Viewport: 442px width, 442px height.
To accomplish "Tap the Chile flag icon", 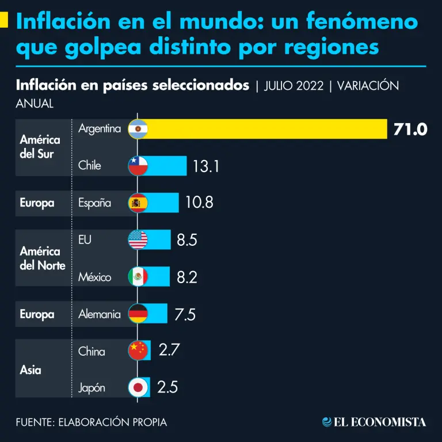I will coord(138,166).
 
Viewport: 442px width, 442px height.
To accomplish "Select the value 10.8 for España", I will coord(200,203).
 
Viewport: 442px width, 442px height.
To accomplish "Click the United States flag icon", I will coord(138,240).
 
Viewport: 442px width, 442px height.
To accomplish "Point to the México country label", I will coord(95,277).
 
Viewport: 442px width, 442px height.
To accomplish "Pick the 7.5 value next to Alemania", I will coord(185,315).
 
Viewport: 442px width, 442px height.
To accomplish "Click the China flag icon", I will coord(138,350).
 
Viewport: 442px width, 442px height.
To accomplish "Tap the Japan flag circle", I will coord(138,387).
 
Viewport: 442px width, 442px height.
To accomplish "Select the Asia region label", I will coord(31,369).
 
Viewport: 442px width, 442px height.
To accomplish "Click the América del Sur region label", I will coord(40,147).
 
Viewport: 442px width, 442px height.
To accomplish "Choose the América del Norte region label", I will coord(42,258).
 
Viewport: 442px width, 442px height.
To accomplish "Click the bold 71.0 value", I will coord(410,129).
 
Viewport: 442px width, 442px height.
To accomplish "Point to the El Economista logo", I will coord(374,422).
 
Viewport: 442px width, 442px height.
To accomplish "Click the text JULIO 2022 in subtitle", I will coord(294,86).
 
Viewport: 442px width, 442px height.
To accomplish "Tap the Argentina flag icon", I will coord(138,129).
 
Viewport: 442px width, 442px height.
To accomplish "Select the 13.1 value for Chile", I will coord(207,166).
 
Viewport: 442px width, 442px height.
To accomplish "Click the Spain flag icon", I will coord(138,203).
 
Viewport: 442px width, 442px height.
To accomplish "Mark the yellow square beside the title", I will coord(3,20).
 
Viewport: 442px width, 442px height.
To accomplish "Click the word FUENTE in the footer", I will coord(34,422).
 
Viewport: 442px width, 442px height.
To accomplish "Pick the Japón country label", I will coord(92,387).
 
